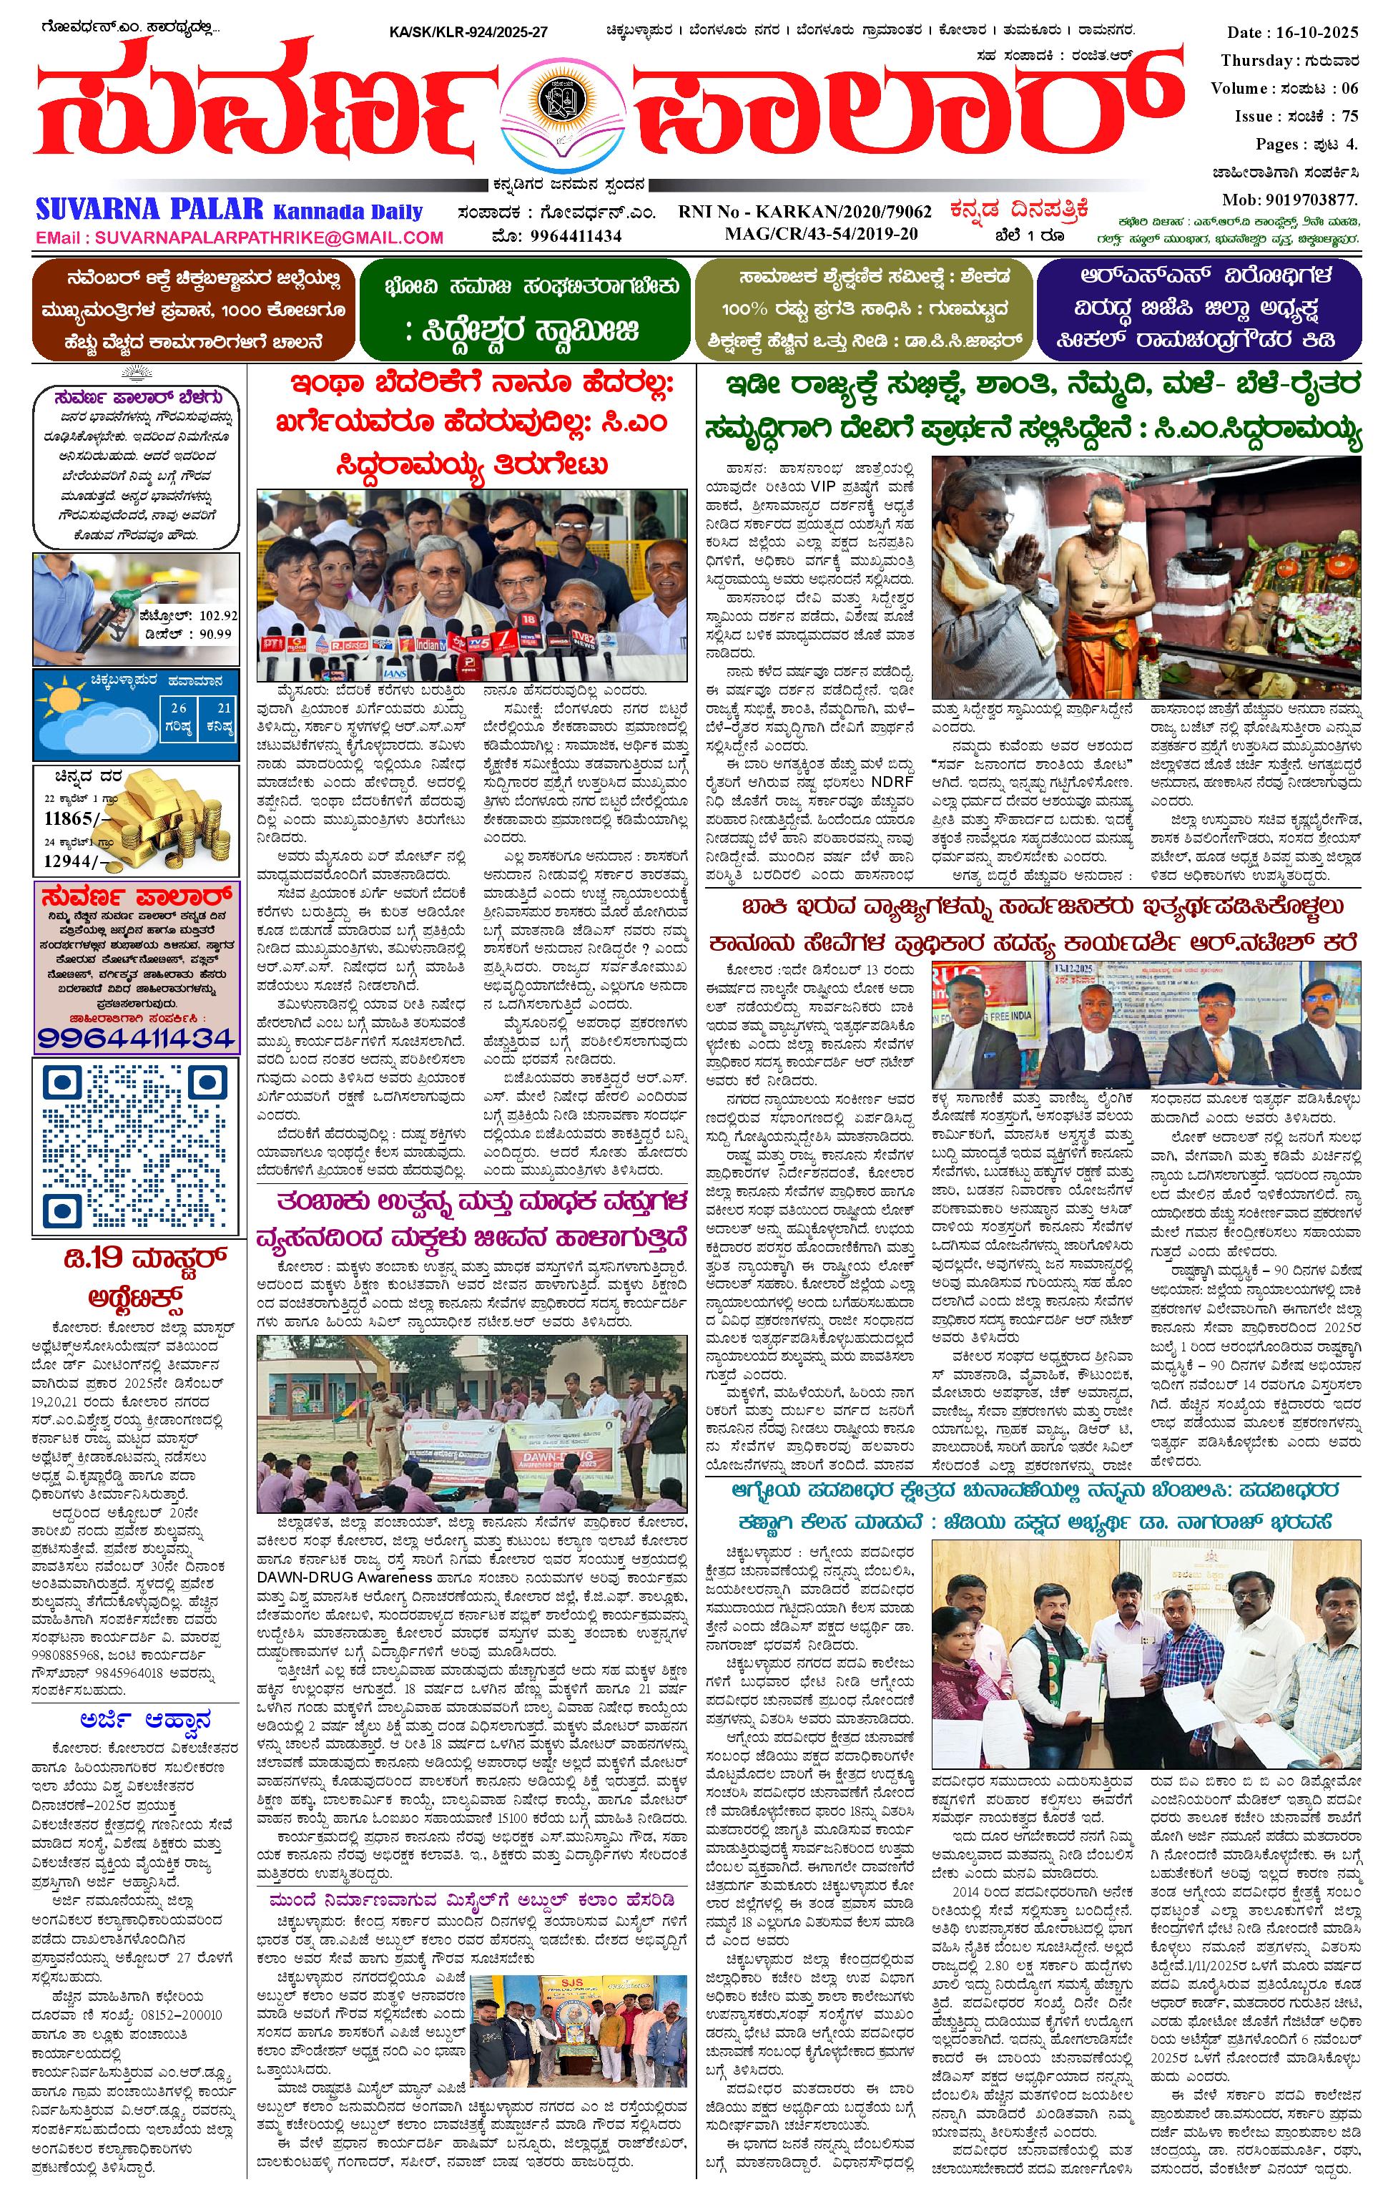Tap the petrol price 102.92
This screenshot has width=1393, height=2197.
(x=218, y=616)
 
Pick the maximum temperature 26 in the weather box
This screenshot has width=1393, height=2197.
(x=179, y=707)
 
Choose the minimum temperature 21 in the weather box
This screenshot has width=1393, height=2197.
(x=225, y=707)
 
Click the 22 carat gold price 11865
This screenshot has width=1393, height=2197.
(x=69, y=818)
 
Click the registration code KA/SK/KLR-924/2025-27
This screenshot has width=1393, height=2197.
(x=468, y=33)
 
